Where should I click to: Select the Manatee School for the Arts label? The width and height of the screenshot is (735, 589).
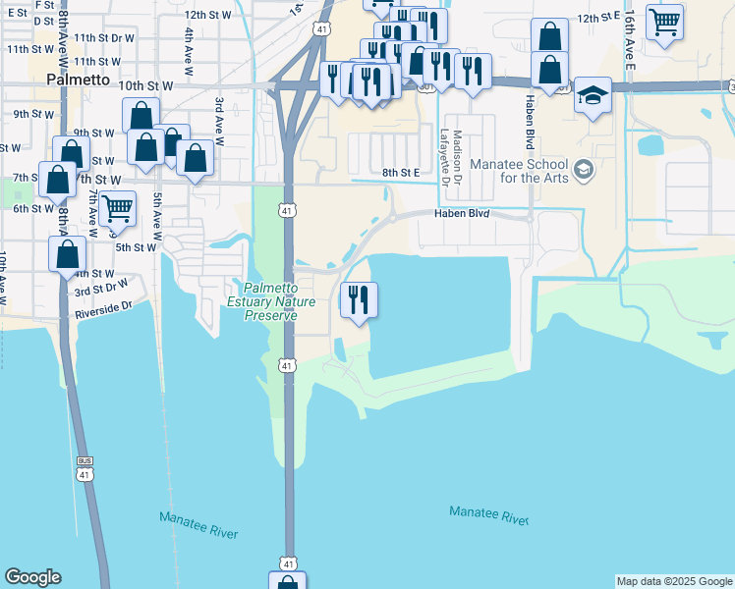[521, 170]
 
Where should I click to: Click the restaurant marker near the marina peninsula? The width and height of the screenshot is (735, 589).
[359, 299]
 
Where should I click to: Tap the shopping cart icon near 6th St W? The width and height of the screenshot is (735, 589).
[117, 208]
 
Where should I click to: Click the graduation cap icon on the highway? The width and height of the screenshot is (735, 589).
[593, 95]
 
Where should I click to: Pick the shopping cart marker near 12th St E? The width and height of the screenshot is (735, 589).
[665, 21]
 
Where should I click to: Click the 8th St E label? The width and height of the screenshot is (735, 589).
[401, 173]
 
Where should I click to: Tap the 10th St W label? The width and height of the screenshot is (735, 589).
[145, 86]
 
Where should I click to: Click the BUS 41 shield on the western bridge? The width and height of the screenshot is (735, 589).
[85, 467]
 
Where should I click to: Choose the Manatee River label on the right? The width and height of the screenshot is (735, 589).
[488, 513]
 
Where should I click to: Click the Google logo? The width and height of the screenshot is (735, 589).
[32, 578]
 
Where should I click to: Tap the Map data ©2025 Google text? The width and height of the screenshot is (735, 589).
[674, 581]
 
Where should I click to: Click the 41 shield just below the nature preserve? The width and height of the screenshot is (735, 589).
[285, 365]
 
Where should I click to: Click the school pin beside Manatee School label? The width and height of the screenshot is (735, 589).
[584, 170]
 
